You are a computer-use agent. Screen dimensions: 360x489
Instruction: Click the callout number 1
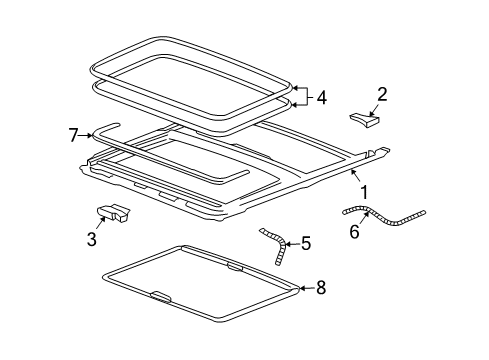coord(363,191)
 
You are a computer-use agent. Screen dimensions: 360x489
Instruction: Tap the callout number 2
coord(381,95)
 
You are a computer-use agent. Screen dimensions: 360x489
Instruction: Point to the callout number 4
coord(321,98)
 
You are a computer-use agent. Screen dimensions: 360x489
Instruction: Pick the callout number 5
coord(307,242)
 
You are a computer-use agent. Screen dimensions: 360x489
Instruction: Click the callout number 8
coord(320,288)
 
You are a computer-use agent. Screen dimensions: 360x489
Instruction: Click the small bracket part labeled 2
coord(365,121)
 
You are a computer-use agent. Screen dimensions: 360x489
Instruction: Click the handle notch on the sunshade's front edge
coord(159,295)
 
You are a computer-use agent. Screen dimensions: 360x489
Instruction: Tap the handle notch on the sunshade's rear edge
coord(236,266)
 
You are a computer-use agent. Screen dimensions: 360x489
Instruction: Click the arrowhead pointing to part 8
coord(300,289)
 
